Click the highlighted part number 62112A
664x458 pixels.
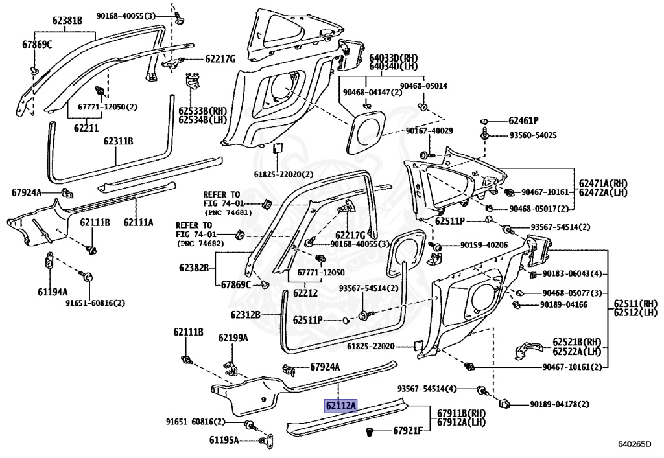pyautogui.click(x=340, y=406)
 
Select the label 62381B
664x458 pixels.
pyautogui.click(x=67, y=21)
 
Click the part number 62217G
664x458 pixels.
pyautogui.click(x=220, y=59)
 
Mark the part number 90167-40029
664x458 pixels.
pyautogui.click(x=429, y=131)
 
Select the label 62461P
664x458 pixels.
pyautogui.click(x=523, y=120)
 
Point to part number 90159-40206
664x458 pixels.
pyautogui.click(x=484, y=246)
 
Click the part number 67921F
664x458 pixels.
pyautogui.click(x=408, y=430)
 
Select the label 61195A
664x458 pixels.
pyautogui.click(x=224, y=440)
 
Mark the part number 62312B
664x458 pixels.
pyautogui.click(x=245, y=315)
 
